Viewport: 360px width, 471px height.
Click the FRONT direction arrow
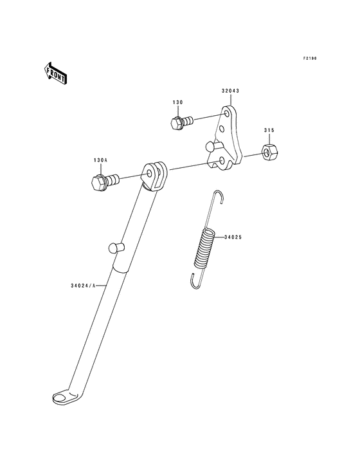55,73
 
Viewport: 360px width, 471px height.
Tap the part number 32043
230,91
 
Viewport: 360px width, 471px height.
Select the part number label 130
177,102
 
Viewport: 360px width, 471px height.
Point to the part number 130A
100,160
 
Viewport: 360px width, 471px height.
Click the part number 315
269,131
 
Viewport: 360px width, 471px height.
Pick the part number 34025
233,237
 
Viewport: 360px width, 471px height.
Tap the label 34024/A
83,286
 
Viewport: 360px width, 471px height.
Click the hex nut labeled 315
270,152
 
